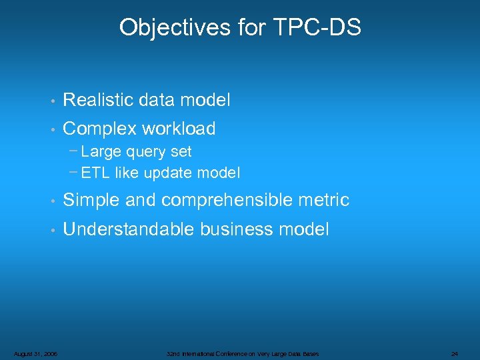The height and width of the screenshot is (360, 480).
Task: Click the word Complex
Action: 97,129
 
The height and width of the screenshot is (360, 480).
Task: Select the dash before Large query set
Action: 73,151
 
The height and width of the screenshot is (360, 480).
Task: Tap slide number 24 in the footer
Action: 455,353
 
